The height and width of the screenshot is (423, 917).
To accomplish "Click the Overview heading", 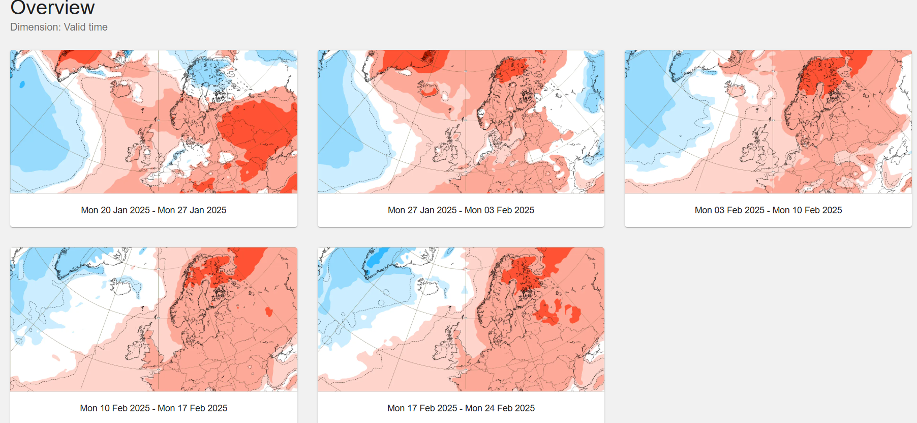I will click(52, 8).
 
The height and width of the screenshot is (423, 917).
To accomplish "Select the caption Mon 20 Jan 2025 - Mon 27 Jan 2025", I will click(154, 210).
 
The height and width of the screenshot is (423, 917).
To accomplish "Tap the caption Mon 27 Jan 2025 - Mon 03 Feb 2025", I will click(461, 210).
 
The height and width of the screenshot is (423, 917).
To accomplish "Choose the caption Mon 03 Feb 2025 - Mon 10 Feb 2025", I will click(768, 210).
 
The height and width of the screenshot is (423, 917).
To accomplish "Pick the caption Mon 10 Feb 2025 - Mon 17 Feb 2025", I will click(154, 408).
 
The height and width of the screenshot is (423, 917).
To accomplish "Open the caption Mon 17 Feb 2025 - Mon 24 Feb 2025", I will click(461, 408).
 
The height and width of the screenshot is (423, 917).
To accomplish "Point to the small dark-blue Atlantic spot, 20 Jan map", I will click(22, 84).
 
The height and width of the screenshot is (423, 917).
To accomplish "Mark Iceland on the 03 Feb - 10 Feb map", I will click(736, 91).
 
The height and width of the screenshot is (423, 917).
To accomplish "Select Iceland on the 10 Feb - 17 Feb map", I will click(123, 288).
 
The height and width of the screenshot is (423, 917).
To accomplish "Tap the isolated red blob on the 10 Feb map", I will click(269, 312).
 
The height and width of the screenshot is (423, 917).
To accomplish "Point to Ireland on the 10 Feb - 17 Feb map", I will click(133, 351).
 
